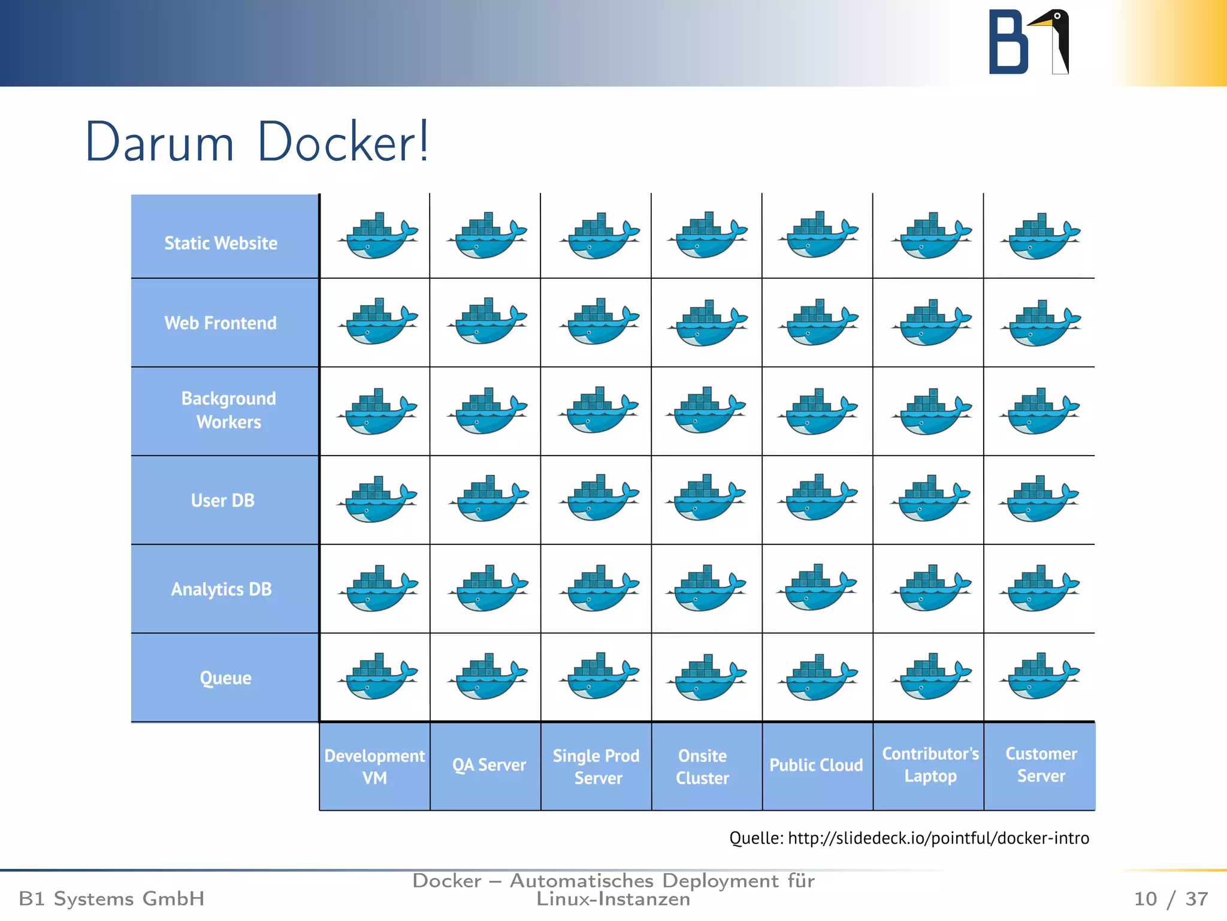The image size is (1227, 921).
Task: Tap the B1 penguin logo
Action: coord(1028,42)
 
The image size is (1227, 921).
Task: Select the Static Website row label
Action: coord(221,243)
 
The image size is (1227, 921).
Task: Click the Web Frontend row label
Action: coord(221,323)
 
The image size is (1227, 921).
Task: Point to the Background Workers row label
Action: coord(228,410)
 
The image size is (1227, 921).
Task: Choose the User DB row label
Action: coord(222,500)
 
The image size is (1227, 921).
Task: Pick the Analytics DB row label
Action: coord(221,589)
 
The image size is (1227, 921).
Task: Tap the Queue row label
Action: coord(225,678)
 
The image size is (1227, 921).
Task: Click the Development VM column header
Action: coord(374,766)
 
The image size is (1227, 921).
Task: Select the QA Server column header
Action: coord(489,765)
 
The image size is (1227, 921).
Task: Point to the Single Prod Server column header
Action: coord(597,766)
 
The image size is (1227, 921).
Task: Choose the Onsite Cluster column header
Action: coord(702,766)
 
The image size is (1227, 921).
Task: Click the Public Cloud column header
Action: coord(816,765)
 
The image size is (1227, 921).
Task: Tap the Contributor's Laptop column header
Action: coord(930,765)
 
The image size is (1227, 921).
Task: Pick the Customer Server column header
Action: coord(1041,765)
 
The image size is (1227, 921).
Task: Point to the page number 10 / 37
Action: coord(1171,899)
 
